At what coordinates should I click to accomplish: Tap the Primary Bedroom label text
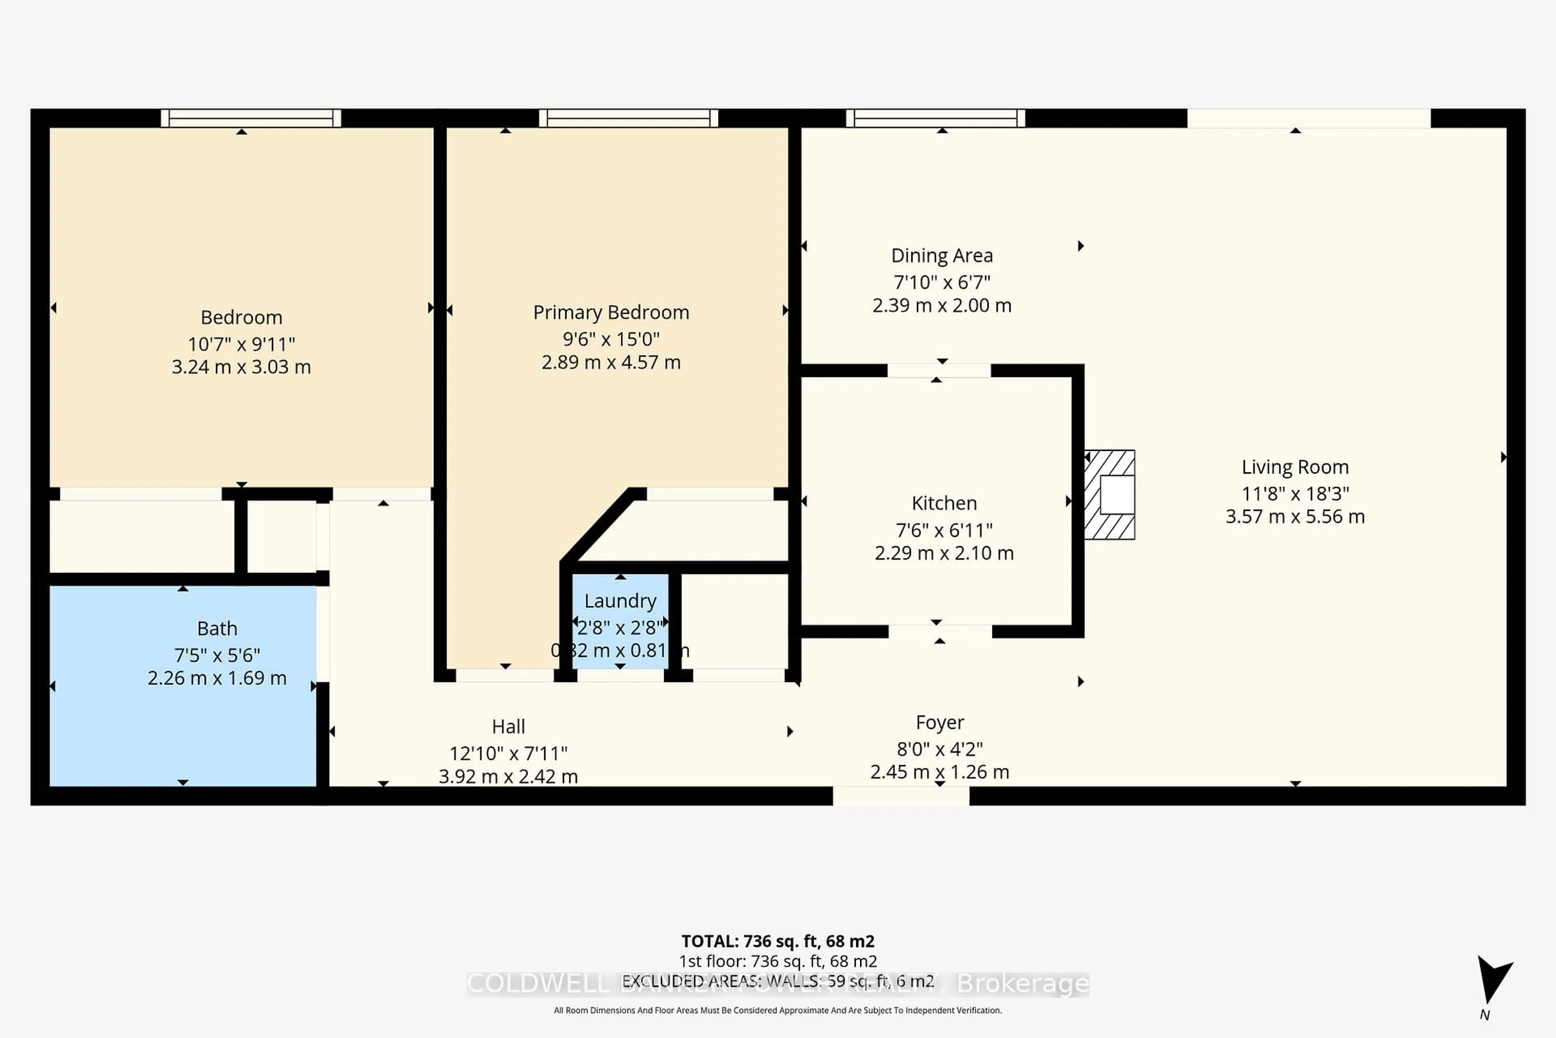tap(611, 313)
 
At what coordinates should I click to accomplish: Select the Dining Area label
tap(941, 255)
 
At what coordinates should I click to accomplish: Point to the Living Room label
tap(1295, 468)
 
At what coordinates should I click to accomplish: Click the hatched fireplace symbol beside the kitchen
tap(1109, 495)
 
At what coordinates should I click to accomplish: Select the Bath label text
tap(217, 628)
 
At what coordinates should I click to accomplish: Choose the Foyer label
tap(939, 722)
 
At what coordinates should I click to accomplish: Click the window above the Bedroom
tap(251, 118)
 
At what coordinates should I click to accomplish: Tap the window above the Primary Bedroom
tap(628, 118)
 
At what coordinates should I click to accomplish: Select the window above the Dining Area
tap(936, 118)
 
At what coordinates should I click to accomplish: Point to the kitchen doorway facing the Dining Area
tap(939, 371)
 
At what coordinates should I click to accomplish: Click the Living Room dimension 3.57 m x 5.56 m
tap(1295, 516)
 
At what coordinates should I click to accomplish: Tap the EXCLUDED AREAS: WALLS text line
tap(778, 981)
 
